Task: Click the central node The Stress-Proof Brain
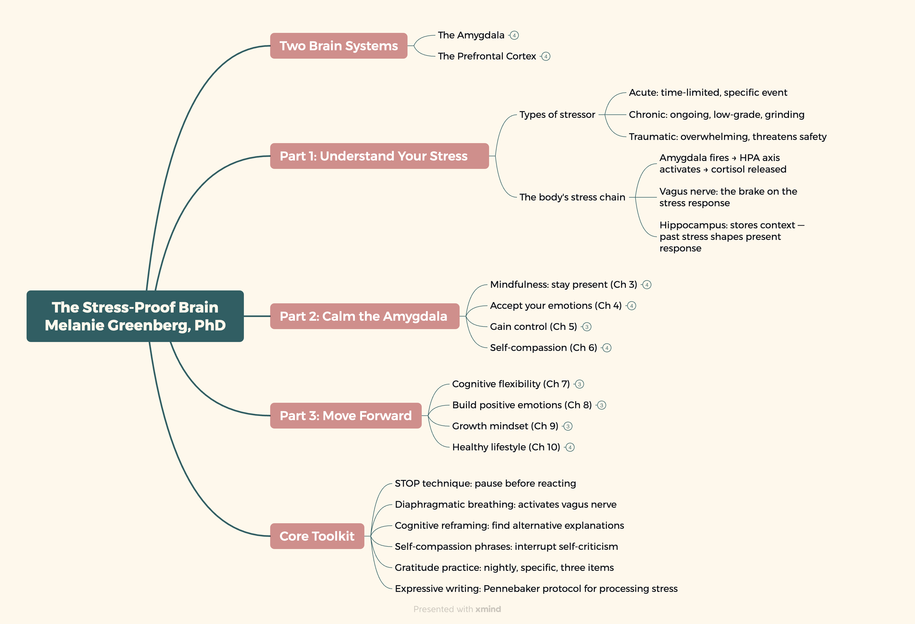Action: tap(135, 316)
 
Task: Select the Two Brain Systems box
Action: tap(339, 46)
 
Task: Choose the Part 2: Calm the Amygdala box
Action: tap(365, 316)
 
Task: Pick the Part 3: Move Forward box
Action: tap(346, 416)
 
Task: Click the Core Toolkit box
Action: tap(317, 536)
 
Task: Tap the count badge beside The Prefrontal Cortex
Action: tap(546, 56)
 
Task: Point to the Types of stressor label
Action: tap(557, 114)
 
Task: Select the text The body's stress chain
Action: tap(572, 197)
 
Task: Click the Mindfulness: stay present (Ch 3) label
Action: tap(564, 285)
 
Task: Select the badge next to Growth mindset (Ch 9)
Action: tap(568, 426)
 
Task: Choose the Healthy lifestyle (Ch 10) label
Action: tap(506, 447)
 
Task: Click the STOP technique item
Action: tap(485, 484)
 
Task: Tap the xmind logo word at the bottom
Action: tap(488, 609)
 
